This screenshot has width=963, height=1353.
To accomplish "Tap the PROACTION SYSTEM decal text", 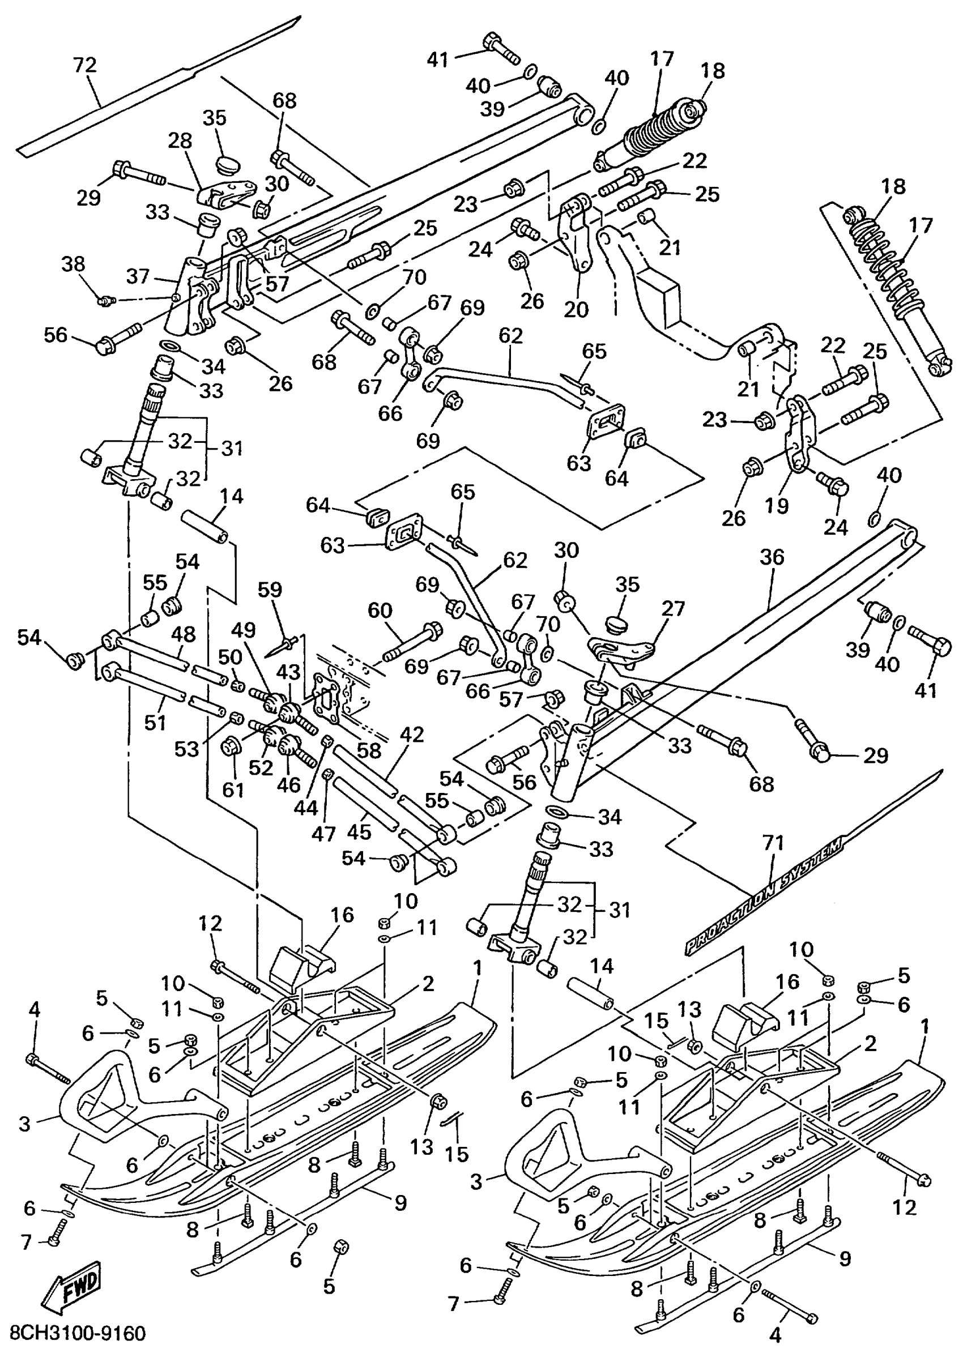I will (765, 895).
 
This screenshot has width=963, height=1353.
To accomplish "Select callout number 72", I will (85, 65).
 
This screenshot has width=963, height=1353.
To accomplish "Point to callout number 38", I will (74, 264).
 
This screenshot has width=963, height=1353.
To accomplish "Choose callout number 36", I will (772, 557).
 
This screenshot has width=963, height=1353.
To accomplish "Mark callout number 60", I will (380, 610).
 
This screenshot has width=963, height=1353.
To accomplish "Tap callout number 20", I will (576, 309).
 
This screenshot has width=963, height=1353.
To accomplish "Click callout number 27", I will (674, 609).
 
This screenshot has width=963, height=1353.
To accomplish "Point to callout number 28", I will (180, 140).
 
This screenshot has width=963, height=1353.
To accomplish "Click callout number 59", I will (270, 590).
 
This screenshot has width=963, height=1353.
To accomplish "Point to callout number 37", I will (139, 276).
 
